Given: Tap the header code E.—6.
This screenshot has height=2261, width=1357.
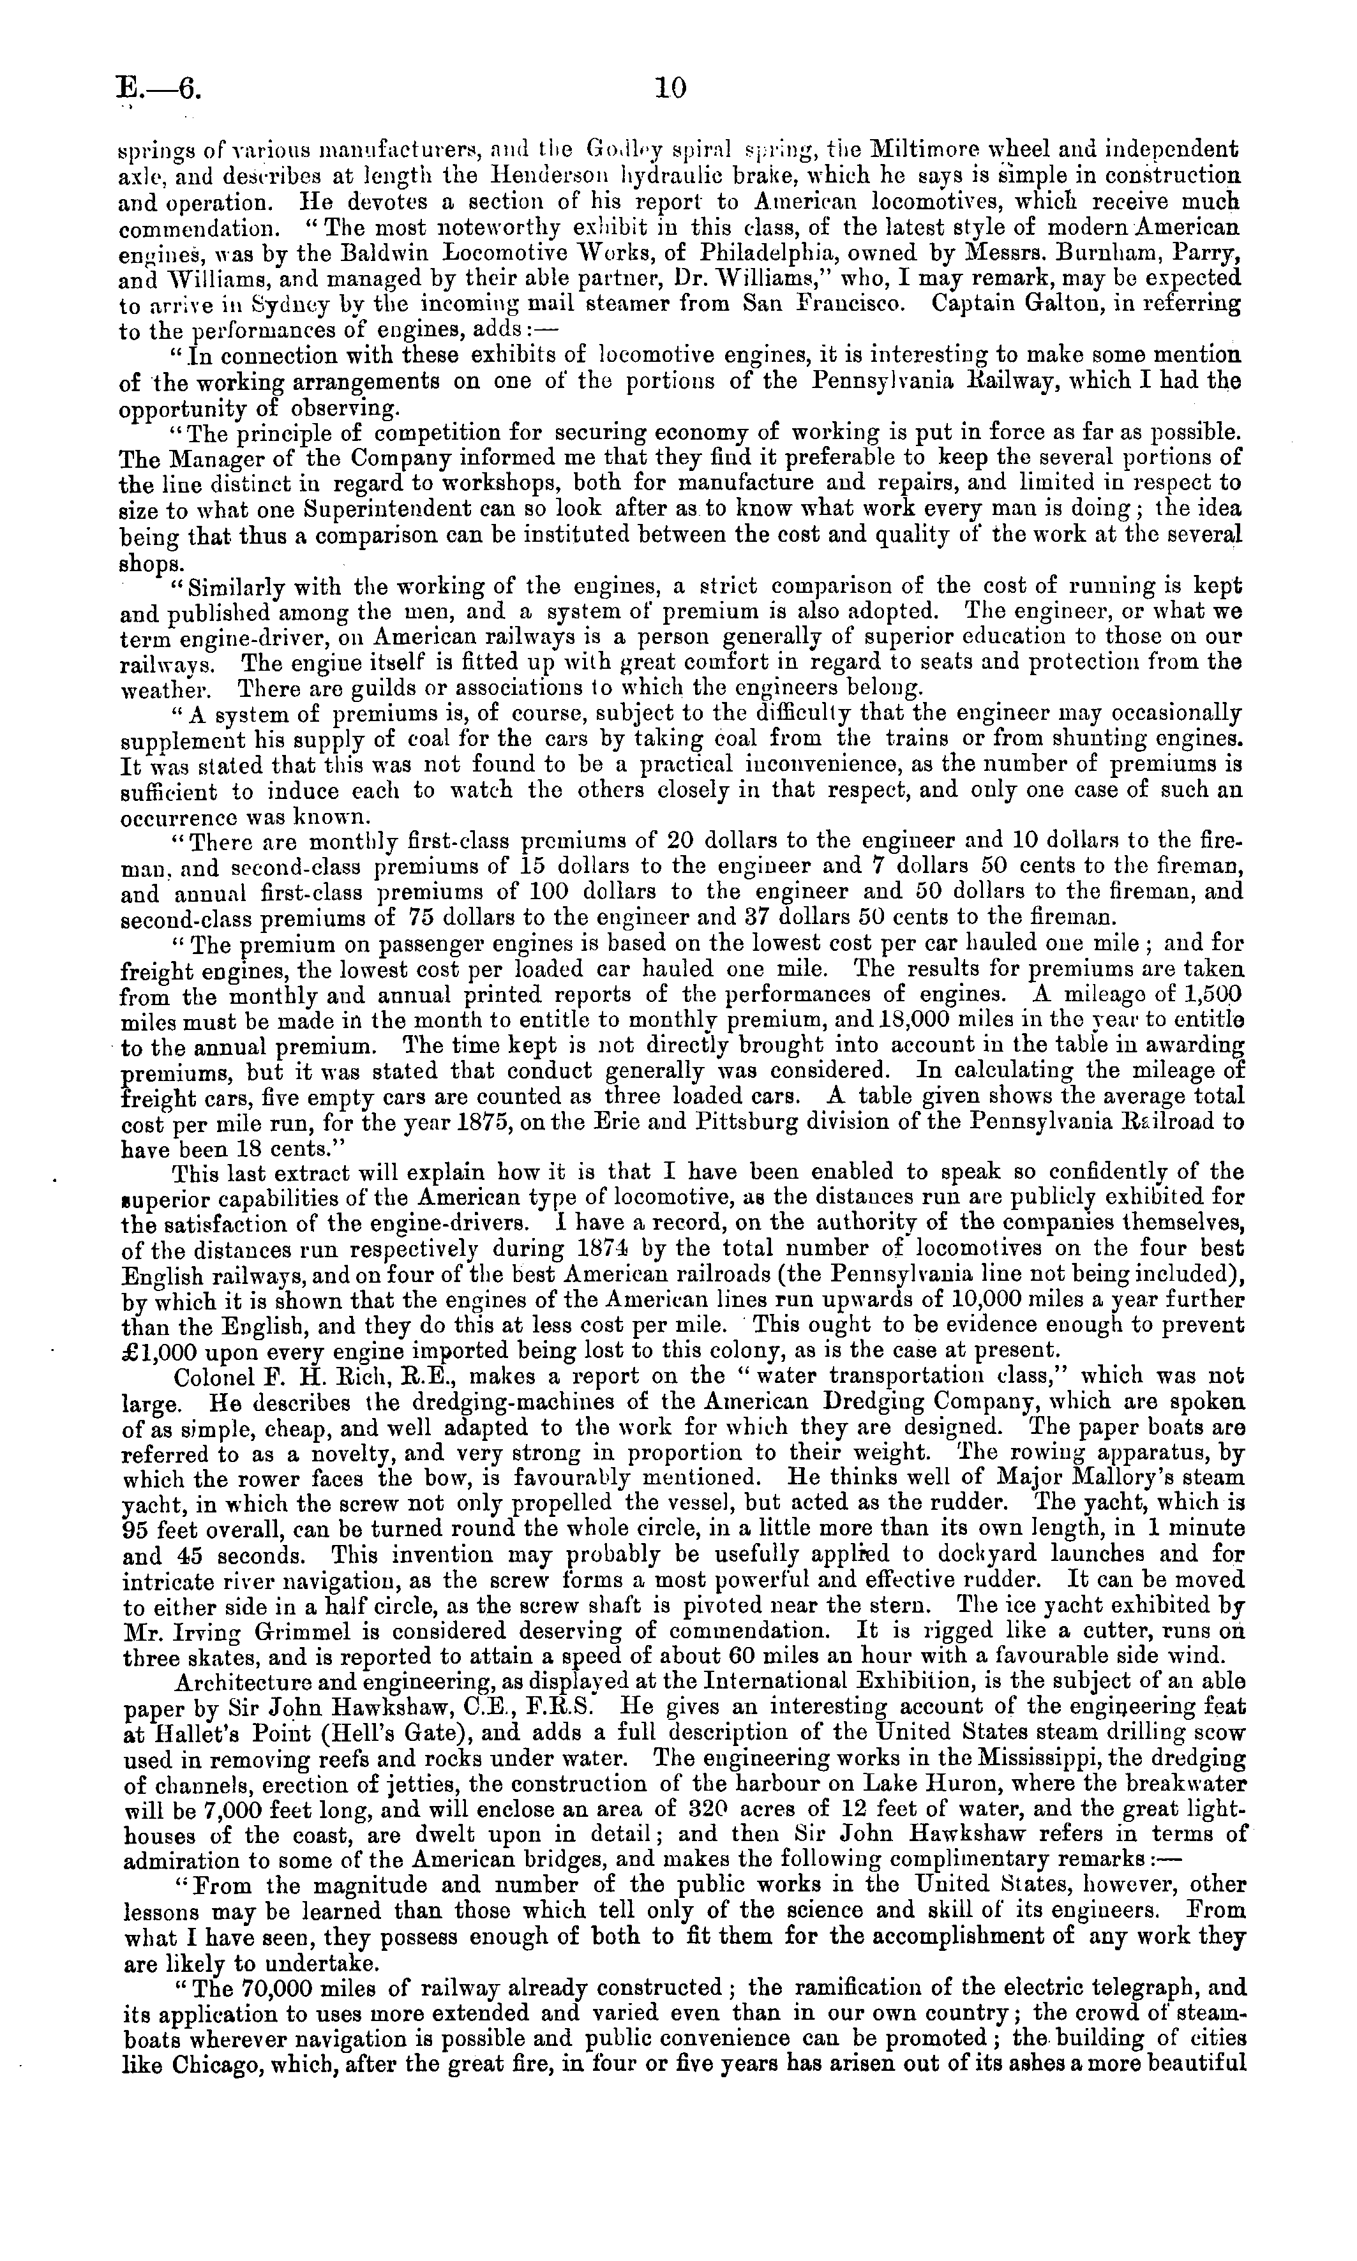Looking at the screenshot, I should pyautogui.click(x=157, y=89).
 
